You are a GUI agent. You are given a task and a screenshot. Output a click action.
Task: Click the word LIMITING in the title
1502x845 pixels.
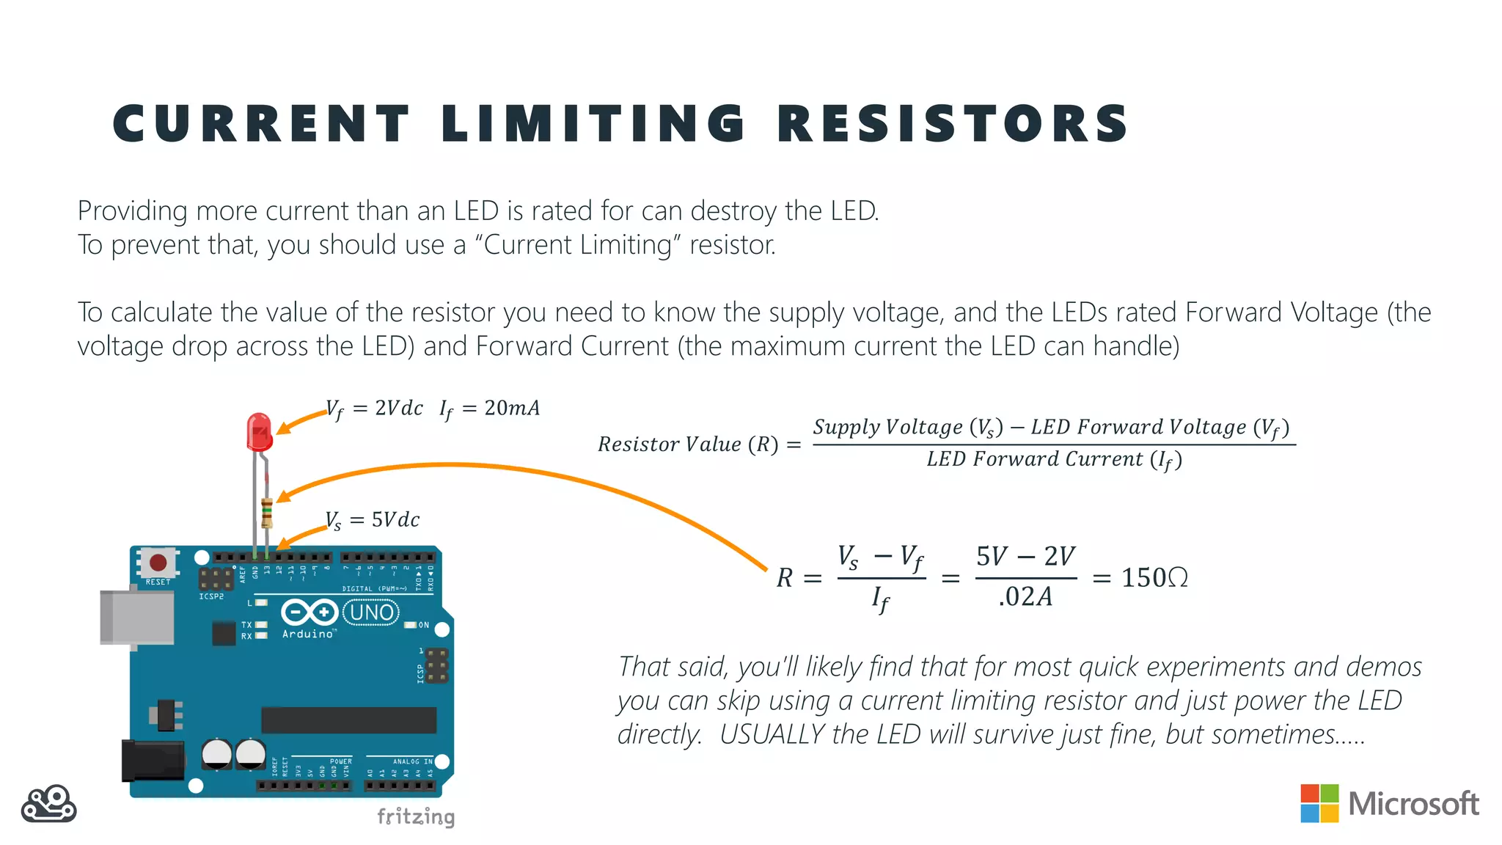click(593, 123)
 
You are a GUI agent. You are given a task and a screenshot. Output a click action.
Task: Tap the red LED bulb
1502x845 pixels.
click(259, 432)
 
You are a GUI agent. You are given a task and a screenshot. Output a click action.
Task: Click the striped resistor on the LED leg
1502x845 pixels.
click(267, 513)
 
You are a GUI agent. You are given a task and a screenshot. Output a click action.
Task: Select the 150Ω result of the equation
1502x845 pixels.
click(1154, 578)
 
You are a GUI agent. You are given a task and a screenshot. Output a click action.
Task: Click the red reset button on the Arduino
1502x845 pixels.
click(158, 563)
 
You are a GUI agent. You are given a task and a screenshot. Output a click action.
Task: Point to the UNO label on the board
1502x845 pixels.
click(371, 612)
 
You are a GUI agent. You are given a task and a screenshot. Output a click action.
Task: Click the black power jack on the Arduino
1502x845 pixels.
click(153, 761)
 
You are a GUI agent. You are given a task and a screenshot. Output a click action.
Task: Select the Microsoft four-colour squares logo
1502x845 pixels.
click(1319, 803)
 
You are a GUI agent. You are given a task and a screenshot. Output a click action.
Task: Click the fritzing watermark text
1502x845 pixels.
click(416, 816)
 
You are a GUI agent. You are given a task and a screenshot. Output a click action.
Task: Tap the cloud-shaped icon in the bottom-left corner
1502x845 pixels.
click(48, 805)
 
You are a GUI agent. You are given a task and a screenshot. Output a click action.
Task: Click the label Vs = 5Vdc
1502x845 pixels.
click(373, 520)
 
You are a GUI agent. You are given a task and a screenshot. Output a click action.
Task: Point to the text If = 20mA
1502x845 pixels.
click(490, 409)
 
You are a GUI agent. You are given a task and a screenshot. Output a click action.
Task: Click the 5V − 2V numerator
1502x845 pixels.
click(1025, 557)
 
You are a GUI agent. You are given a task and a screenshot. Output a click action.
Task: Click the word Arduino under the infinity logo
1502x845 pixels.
click(308, 634)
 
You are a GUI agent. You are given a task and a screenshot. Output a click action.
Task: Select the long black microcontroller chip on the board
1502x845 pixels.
click(349, 720)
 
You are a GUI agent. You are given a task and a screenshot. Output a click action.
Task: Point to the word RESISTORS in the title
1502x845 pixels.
click(953, 123)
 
